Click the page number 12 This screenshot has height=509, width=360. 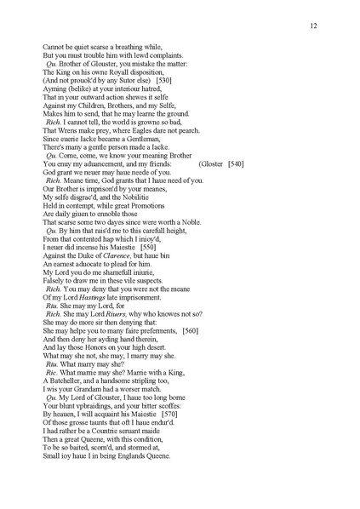tap(314, 26)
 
